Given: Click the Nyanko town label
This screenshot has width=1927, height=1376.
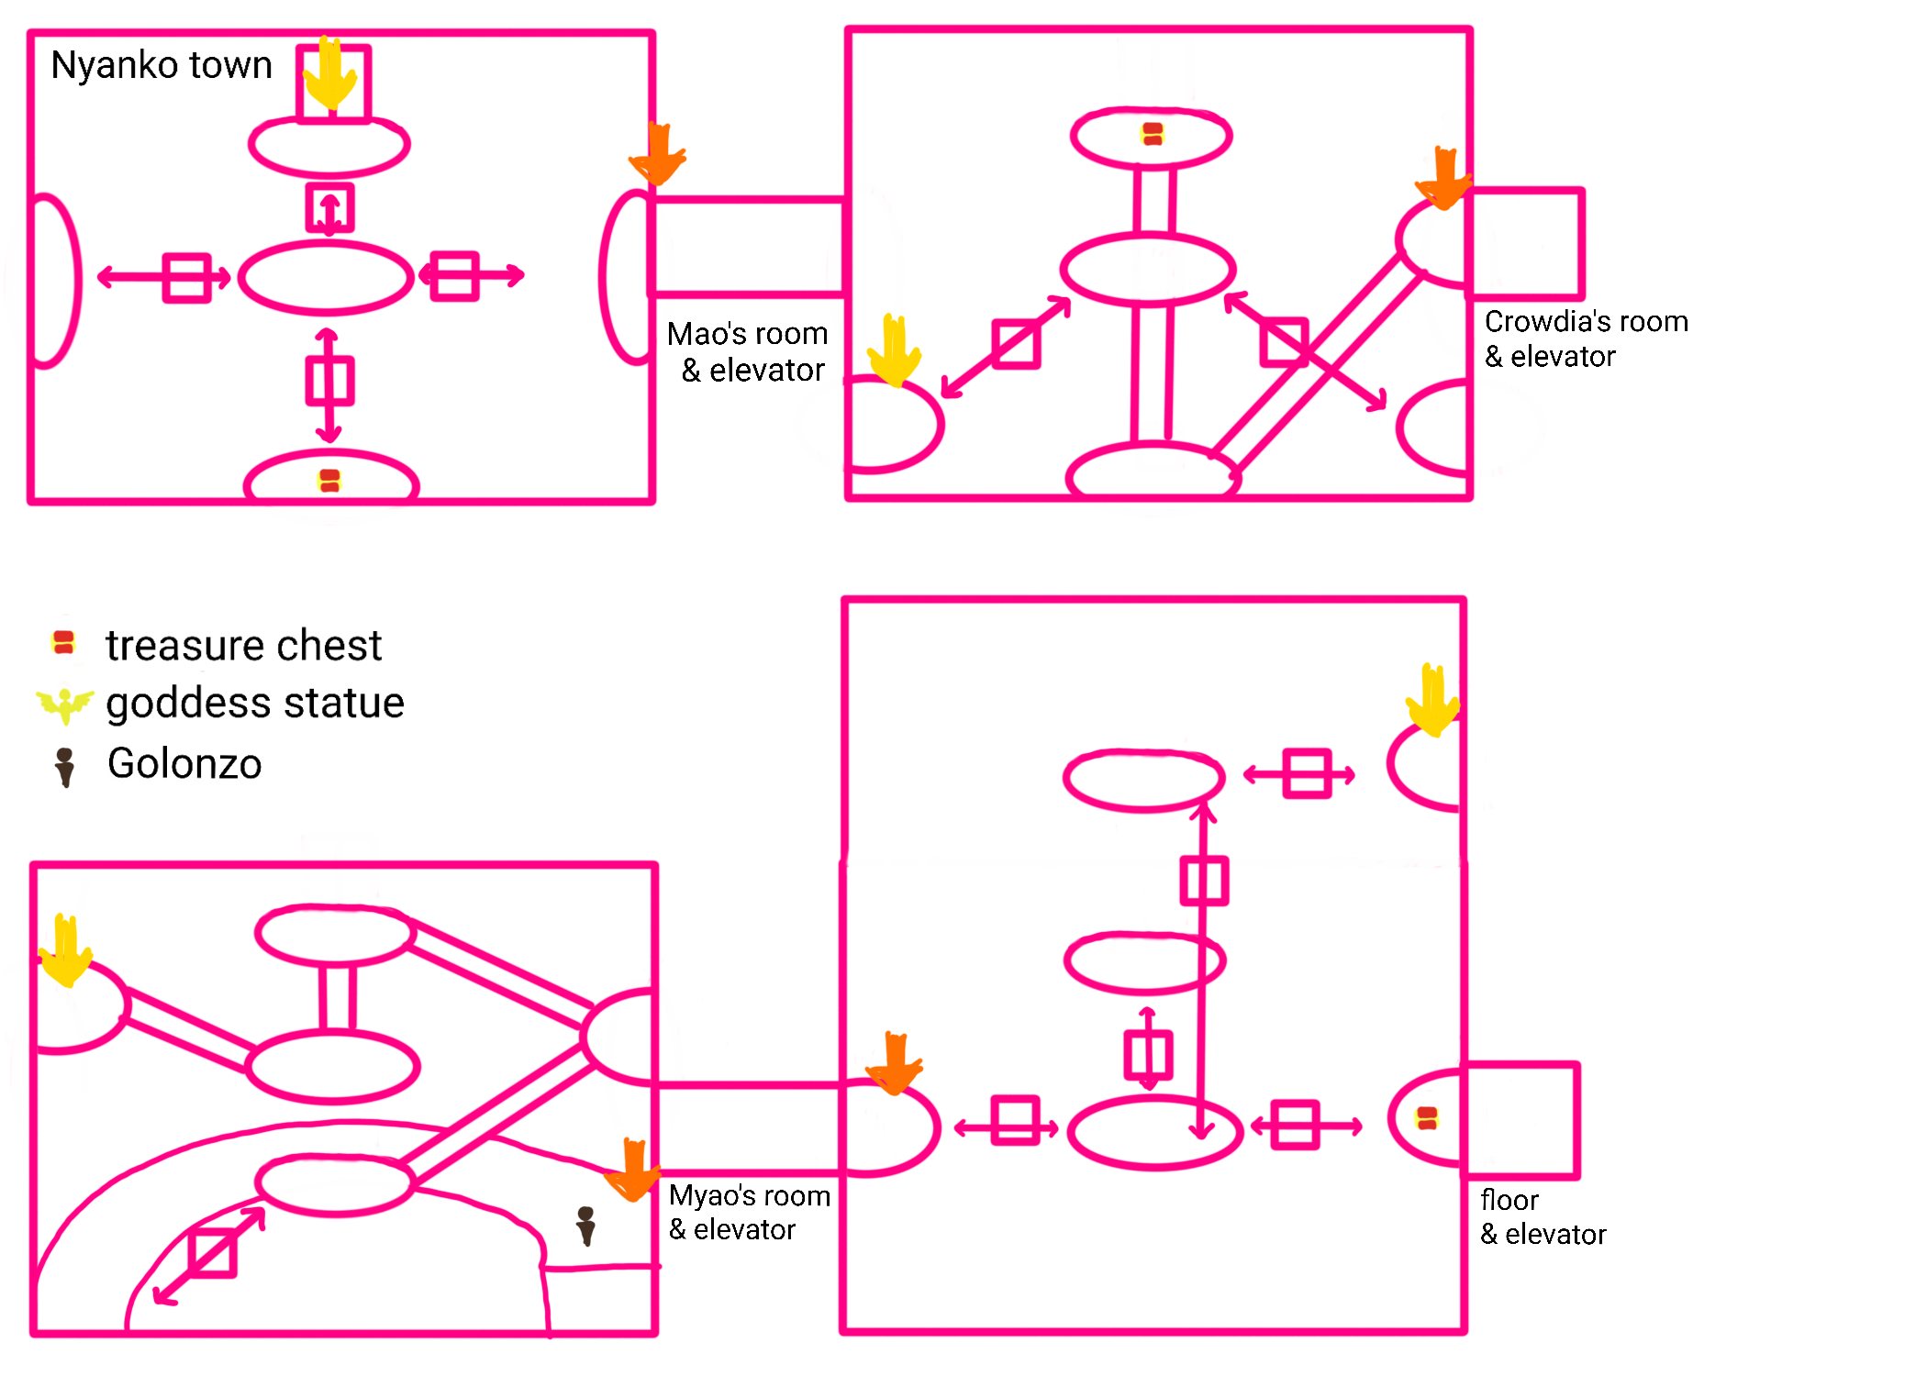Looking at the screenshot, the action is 162,65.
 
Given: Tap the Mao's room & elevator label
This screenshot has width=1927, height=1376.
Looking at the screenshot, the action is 749,351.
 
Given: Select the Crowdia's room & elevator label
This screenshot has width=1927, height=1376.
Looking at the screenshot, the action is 1586,338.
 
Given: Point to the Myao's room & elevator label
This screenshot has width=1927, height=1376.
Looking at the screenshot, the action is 750,1212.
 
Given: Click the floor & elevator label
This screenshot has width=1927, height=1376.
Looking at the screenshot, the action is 1543,1217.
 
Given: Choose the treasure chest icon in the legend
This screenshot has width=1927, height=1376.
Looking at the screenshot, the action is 63,642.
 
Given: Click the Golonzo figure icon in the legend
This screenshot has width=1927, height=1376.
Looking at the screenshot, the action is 64,767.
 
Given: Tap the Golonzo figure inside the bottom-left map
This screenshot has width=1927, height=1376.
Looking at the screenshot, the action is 585,1226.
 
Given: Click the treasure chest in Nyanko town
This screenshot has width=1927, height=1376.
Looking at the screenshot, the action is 329,481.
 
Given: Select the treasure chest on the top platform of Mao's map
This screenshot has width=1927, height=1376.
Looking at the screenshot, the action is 1153,134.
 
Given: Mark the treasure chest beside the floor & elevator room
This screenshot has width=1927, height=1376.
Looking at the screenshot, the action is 1427,1117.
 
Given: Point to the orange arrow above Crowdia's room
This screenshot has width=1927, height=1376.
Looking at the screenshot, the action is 1443,177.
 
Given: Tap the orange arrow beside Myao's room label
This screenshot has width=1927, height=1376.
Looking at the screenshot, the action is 632,1169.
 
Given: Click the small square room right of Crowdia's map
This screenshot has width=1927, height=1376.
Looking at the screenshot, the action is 1527,244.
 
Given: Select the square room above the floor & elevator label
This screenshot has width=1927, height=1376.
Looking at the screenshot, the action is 1521,1119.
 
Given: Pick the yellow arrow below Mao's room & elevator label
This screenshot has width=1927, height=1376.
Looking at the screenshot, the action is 895,350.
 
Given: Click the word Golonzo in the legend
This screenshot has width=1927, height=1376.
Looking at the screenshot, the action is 184,764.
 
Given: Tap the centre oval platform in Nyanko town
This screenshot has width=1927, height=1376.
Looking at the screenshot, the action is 326,278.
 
